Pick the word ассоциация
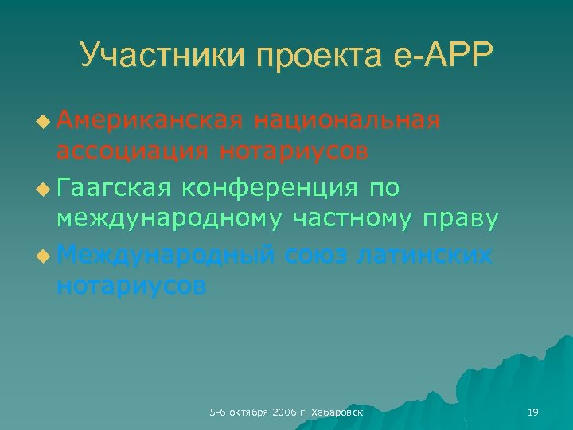[x=132, y=150]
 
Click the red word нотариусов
[x=294, y=150]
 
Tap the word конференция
[x=271, y=187]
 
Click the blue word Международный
[x=166, y=255]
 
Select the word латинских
[x=427, y=255]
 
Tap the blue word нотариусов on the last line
[x=131, y=285]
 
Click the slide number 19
[x=533, y=412]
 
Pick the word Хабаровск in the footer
[x=339, y=412]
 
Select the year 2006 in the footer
[x=283, y=412]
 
